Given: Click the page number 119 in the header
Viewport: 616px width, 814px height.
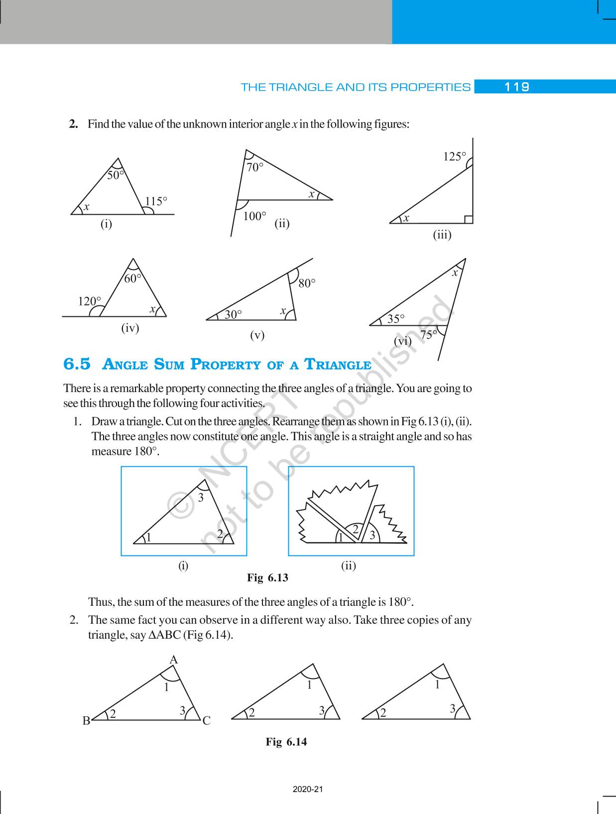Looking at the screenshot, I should [516, 87].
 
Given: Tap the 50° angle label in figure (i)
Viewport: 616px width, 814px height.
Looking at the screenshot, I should [116, 175].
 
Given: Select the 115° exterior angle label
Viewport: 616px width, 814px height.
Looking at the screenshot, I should [156, 202].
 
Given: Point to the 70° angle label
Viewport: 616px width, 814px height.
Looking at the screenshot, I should [255, 167].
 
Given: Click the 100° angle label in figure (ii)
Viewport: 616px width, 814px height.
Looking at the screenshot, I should [254, 216].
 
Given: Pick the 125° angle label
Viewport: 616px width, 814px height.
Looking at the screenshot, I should [455, 157].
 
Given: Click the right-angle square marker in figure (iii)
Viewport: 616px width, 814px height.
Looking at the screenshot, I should [468, 219].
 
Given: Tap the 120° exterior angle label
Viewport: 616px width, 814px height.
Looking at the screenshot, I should [90, 301].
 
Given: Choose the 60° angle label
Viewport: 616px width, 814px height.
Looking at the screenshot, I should [133, 279].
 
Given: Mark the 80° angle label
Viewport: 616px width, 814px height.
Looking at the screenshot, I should [307, 283].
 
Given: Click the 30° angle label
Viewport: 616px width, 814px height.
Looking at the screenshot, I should [233, 315].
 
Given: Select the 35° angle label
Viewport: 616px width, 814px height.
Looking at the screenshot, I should [396, 319].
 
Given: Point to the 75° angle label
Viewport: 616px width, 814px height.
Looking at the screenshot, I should [429, 335].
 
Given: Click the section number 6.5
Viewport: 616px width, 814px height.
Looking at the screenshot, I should [77, 364].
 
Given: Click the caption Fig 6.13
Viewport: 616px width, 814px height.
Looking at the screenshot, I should [267, 578].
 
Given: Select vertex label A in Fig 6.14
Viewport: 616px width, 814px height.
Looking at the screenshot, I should [173, 660].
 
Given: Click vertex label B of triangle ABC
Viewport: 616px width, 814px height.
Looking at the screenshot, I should [86, 721].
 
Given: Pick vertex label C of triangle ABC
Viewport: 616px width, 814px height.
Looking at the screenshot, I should [206, 721].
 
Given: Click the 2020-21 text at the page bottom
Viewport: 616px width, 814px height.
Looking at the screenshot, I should [308, 790].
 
